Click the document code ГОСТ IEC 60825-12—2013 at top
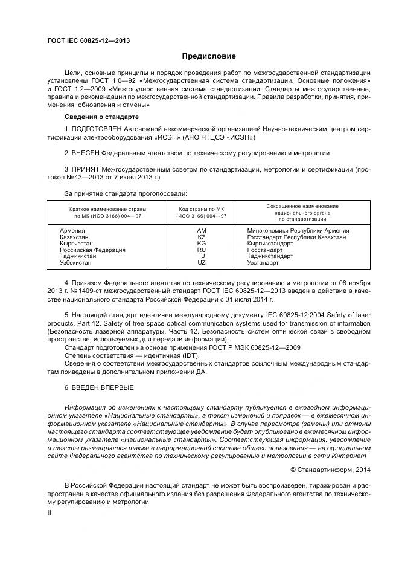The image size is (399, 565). tap(89, 40)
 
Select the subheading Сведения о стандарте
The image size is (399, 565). tap(101, 116)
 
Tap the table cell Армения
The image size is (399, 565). tap(72, 231)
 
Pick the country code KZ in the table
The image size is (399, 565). tap(201, 237)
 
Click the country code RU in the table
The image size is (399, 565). tap(201, 250)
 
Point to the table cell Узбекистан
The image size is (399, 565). tap(76, 263)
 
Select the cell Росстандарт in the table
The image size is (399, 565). tap(265, 250)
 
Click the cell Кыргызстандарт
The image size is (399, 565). tap(270, 244)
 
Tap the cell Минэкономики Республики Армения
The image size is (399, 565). tap(298, 231)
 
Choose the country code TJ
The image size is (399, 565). tap(201, 257)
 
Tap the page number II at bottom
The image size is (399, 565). tap(49, 512)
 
